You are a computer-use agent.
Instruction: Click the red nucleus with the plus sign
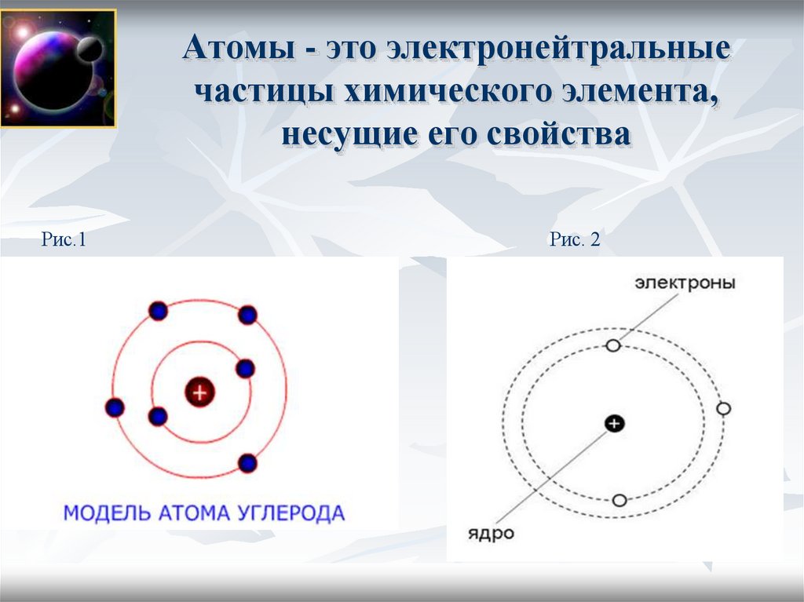tap(199, 392)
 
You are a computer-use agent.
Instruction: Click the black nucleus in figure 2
tap(614, 424)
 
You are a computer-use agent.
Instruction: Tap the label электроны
tap(685, 283)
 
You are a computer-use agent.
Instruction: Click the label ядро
tap(491, 534)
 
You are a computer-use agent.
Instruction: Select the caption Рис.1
tap(63, 240)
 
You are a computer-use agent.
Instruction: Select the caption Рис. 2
tap(575, 240)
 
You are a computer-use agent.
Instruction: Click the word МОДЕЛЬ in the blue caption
tap(98, 514)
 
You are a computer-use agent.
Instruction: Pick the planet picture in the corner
tap(58, 68)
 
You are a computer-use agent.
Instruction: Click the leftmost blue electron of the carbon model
tap(115, 408)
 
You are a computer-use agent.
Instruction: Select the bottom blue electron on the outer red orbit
tap(248, 463)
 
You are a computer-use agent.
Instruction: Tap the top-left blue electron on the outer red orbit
tap(158, 311)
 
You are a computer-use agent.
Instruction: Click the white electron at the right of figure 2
tap(723, 409)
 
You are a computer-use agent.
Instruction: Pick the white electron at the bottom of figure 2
tap(619, 500)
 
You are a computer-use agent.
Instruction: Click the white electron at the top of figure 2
tap(613, 345)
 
